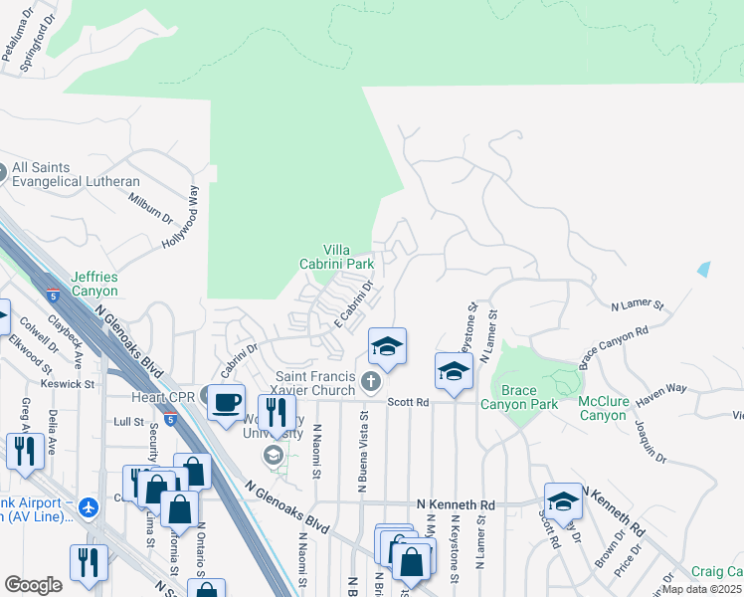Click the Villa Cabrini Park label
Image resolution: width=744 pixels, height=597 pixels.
[x=337, y=257]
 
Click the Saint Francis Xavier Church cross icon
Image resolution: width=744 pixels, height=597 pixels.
[x=371, y=381]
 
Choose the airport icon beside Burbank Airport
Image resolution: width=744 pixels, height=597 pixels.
[x=89, y=507]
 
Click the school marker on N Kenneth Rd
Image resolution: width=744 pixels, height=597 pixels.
[x=563, y=501]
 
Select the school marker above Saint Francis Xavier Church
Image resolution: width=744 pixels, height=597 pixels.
[x=387, y=346]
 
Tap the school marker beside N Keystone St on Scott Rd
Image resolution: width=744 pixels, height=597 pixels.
[x=454, y=371]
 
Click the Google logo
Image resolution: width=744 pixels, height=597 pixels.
[x=34, y=585]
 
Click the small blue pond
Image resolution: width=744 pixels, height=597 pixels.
[x=704, y=269]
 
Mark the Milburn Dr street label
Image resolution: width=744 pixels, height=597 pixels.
[x=150, y=203]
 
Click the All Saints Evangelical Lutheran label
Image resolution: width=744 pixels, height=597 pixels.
[x=76, y=174]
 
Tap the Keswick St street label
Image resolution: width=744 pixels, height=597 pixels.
[x=68, y=382]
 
